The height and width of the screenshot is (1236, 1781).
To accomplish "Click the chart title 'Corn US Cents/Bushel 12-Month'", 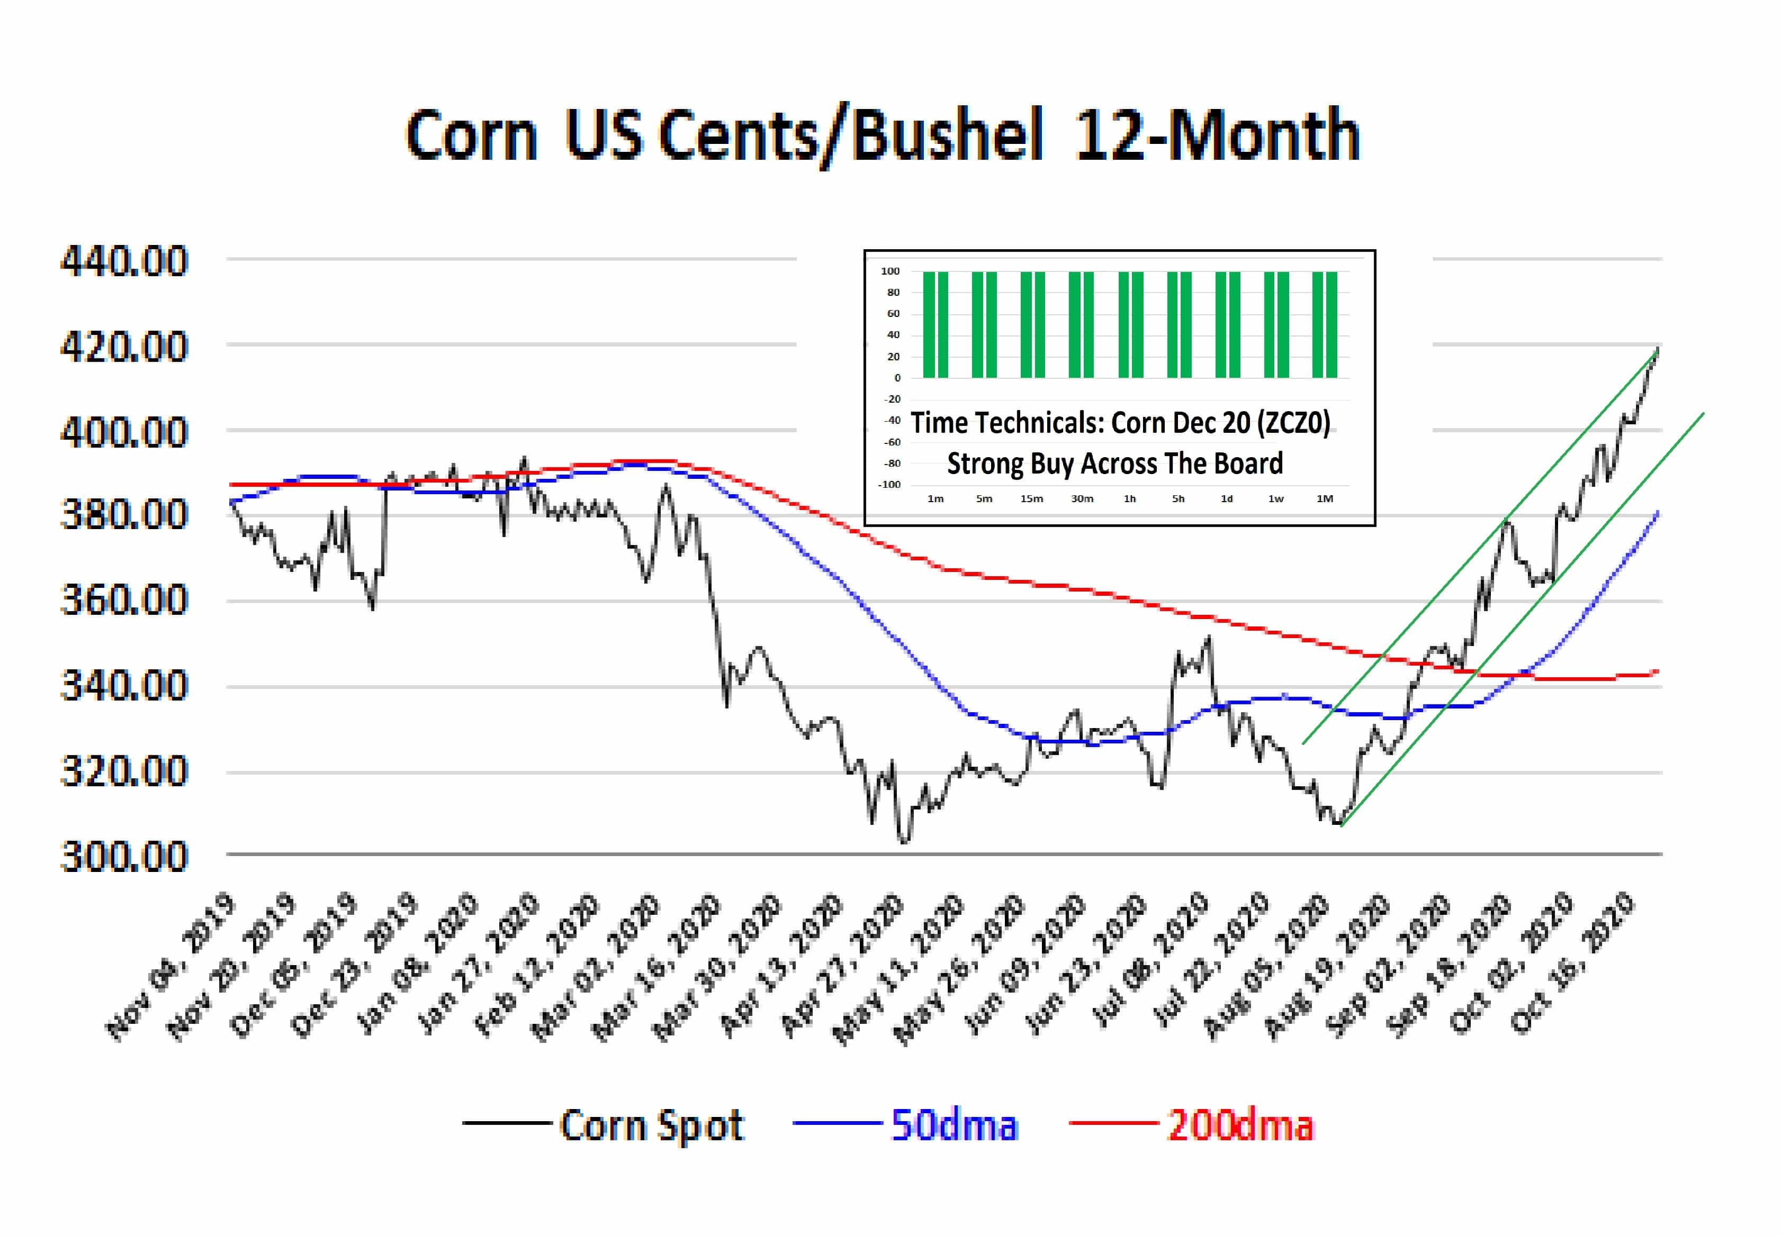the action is [883, 135].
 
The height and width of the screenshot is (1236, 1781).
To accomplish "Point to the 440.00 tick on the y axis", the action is [124, 261].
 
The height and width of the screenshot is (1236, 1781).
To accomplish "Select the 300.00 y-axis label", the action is [124, 857].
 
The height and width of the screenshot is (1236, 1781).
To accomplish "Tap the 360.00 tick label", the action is [124, 600].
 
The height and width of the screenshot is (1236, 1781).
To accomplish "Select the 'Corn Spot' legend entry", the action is [604, 1125].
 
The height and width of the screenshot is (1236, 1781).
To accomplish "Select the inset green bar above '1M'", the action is [1325, 324].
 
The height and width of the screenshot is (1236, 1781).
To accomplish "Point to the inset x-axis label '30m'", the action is [1082, 499].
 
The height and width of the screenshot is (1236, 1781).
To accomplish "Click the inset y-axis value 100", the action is [890, 271].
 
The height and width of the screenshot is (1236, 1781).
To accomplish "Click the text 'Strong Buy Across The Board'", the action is [1115, 463].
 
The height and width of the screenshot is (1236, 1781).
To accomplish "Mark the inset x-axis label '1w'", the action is [1276, 499].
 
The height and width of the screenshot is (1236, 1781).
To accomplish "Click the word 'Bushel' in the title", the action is [948, 135].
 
